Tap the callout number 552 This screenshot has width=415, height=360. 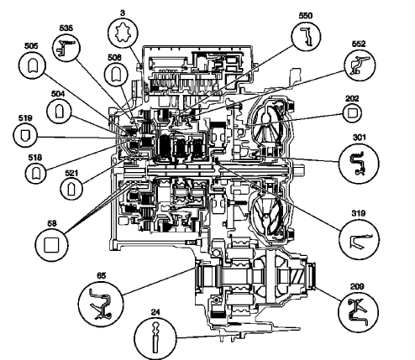(x=360, y=42)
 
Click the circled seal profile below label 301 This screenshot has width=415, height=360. (x=356, y=161)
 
